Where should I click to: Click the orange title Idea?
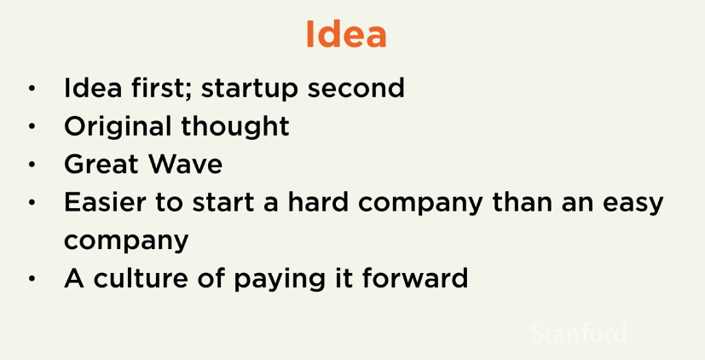coord(346,34)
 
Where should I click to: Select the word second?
coord(356,87)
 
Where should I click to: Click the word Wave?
coord(186,164)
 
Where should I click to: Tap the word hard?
coord(318,201)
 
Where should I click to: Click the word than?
coord(523,201)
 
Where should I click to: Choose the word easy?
coord(633,204)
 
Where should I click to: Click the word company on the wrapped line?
coord(126,241)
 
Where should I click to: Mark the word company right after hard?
coord(420,204)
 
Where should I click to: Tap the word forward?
coord(415,277)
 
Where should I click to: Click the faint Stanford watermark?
coord(578,334)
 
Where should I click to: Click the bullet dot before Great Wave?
coord(32,165)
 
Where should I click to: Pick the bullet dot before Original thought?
coord(32,127)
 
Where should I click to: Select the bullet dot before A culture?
coord(32,279)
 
